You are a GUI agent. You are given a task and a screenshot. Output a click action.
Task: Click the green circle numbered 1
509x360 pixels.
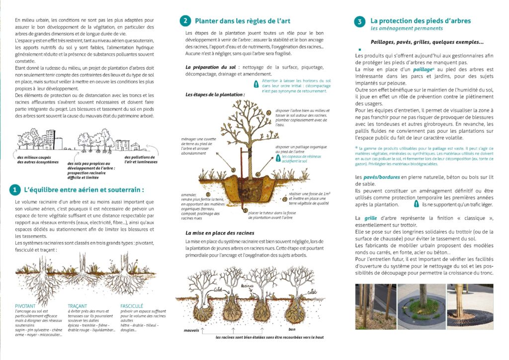(x=16, y=189)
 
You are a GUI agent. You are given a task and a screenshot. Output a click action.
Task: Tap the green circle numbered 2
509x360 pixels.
(x=185, y=21)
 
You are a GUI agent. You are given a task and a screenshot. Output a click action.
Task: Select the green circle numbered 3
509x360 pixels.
(x=359, y=21)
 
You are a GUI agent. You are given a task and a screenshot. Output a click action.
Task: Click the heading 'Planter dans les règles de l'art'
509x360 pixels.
(x=243, y=21)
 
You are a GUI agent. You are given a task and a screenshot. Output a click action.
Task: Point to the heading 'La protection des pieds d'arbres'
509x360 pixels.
(x=421, y=21)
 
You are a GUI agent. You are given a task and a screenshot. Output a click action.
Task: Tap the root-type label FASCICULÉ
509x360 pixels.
(x=132, y=306)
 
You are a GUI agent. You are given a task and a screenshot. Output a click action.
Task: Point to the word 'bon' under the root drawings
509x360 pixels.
(x=292, y=329)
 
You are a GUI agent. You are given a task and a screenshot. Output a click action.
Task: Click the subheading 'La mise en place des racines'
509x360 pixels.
(x=220, y=233)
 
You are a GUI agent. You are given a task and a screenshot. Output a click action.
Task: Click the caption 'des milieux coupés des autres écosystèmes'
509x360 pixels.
(x=37, y=159)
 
